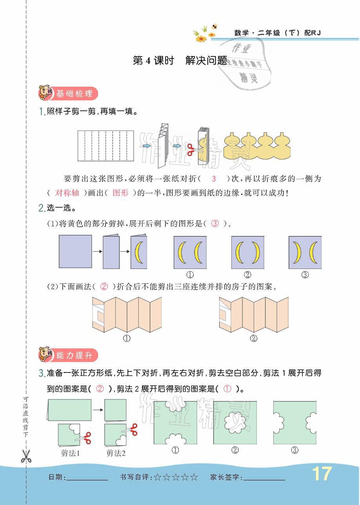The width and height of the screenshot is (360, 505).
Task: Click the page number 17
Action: pos(322,474)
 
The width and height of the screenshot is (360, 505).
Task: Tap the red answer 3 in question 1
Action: pos(214,179)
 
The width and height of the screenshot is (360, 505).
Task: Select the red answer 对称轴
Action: pos(67,193)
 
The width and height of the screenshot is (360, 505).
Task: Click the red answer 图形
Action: pos(120,193)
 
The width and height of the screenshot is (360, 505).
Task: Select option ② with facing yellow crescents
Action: pos(247,252)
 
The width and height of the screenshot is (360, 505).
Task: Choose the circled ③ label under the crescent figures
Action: pos(305,274)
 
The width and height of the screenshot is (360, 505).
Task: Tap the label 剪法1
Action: pos(71,453)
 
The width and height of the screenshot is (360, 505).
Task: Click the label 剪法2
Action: pos(116,453)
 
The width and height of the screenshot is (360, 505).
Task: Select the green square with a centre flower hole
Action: pos(235,423)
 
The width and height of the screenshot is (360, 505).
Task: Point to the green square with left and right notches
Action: pos(295,423)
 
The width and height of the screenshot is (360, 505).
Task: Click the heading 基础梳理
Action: pos(74,94)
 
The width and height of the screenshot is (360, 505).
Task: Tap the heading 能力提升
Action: pos(74,355)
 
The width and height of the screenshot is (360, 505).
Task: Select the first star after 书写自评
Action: pos(157,478)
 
